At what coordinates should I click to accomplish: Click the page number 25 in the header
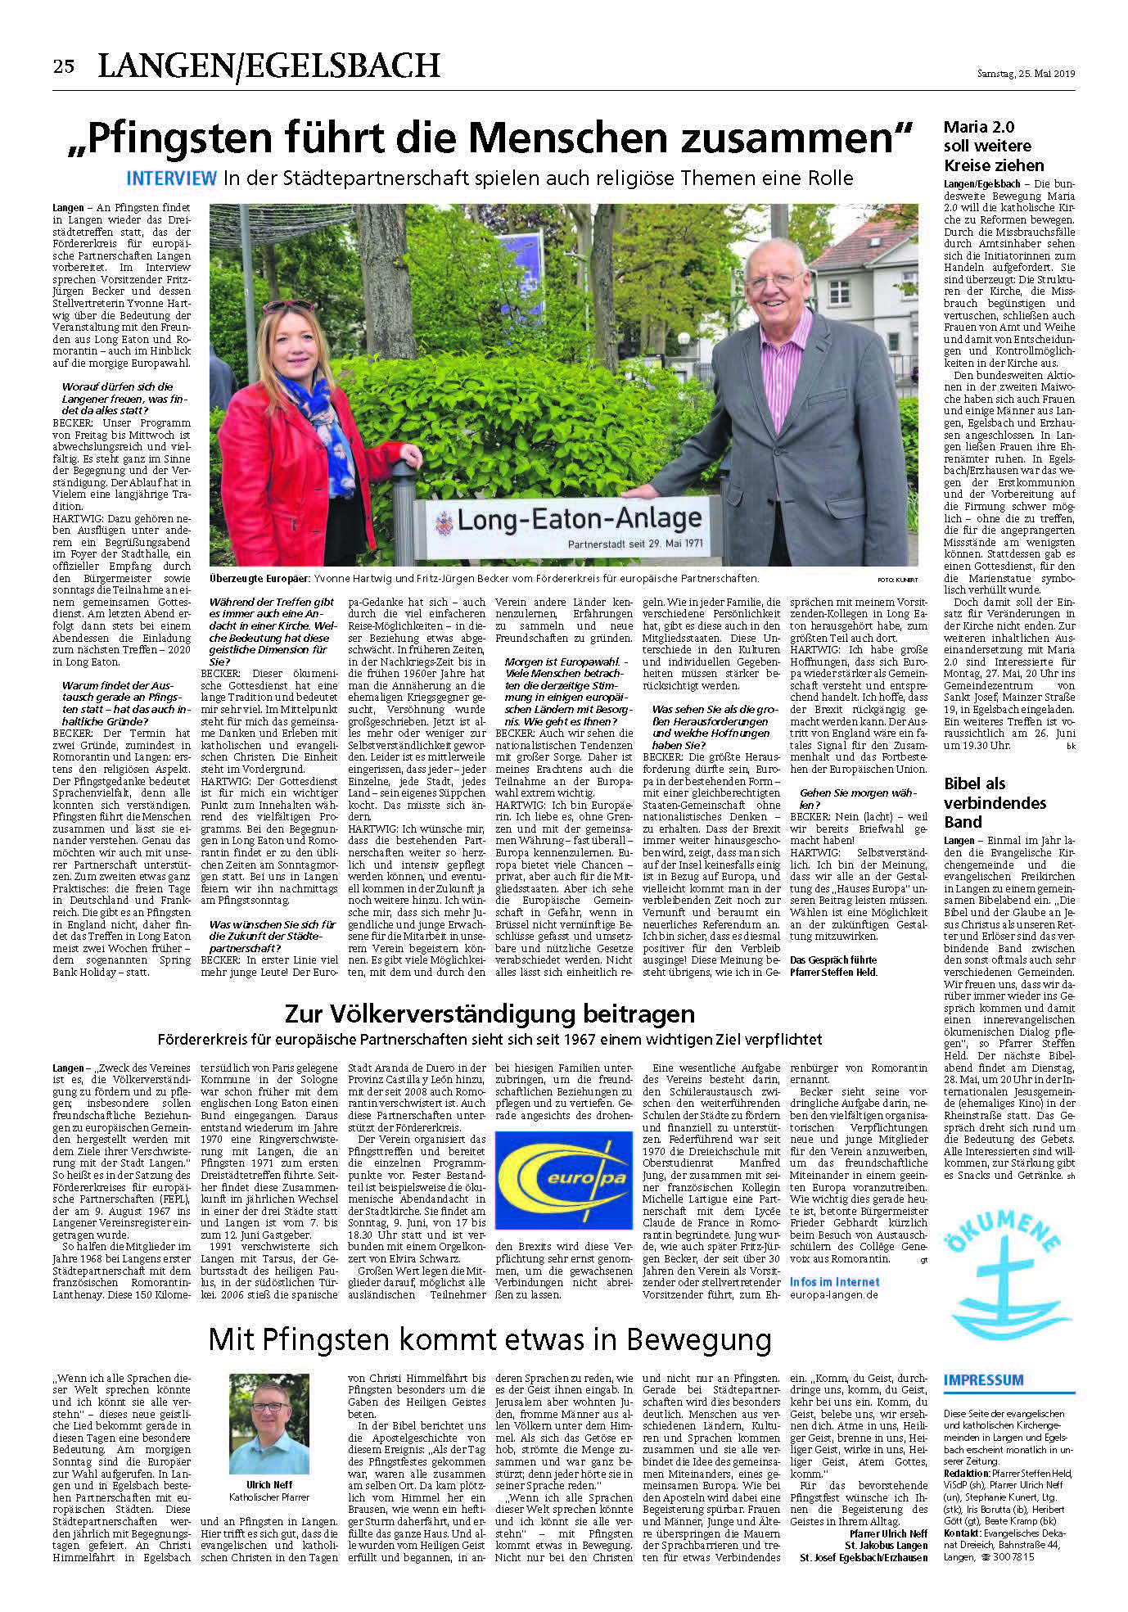[x=64, y=66]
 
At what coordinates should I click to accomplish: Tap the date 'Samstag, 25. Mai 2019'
[x=1026, y=74]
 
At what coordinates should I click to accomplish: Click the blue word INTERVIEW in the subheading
[x=172, y=178]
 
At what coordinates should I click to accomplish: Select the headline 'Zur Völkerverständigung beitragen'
[x=490, y=1014]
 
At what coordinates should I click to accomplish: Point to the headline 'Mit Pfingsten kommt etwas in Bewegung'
[x=490, y=1340]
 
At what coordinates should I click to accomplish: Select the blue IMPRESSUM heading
[x=983, y=1380]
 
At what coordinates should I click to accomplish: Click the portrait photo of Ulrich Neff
[x=269, y=1424]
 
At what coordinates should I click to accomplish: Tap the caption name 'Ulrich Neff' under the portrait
[x=269, y=1484]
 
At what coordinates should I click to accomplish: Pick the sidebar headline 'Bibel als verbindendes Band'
[x=995, y=802]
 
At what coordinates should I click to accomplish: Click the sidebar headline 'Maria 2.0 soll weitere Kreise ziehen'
[x=993, y=146]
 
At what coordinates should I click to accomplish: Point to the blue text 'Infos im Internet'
[x=834, y=1282]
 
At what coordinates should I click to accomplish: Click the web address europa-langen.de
[x=833, y=1295]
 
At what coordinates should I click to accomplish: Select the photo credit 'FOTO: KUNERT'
[x=897, y=580]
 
